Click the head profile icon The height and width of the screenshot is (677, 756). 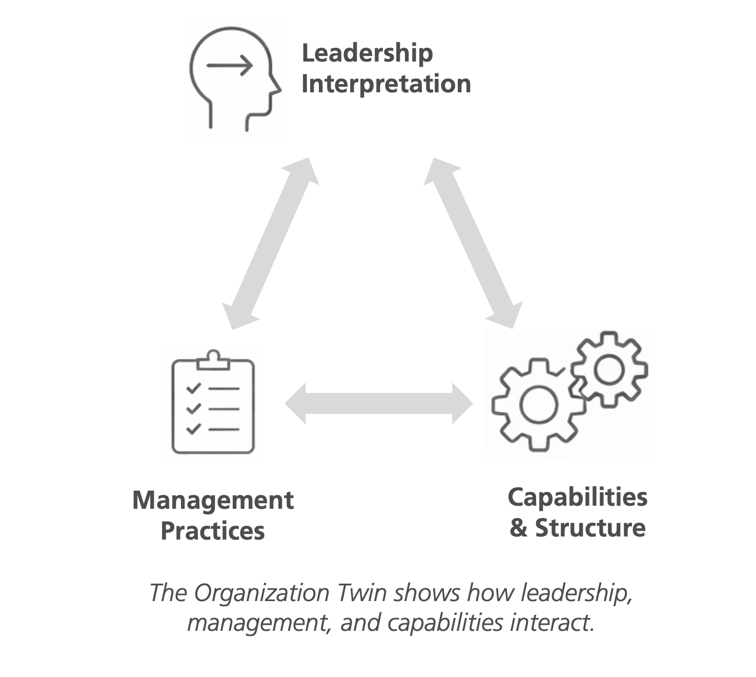[x=234, y=78]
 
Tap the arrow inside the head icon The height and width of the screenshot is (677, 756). [x=230, y=66]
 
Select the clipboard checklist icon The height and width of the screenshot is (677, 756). [x=213, y=404]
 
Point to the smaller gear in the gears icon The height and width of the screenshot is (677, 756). [x=609, y=370]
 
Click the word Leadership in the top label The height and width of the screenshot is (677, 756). [x=367, y=54]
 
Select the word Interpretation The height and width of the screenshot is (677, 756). [x=386, y=84]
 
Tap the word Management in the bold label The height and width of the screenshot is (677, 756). [x=213, y=501]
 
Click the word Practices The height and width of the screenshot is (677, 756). [x=213, y=531]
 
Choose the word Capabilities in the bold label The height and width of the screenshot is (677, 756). [x=578, y=497]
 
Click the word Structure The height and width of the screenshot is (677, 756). [x=590, y=528]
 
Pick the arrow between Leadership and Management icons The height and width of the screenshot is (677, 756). [x=271, y=243]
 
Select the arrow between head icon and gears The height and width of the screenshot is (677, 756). [x=473, y=243]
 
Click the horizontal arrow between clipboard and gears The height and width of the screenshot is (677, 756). [x=379, y=404]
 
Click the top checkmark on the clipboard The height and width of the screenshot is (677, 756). [x=193, y=388]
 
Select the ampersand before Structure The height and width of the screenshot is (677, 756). [x=518, y=528]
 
